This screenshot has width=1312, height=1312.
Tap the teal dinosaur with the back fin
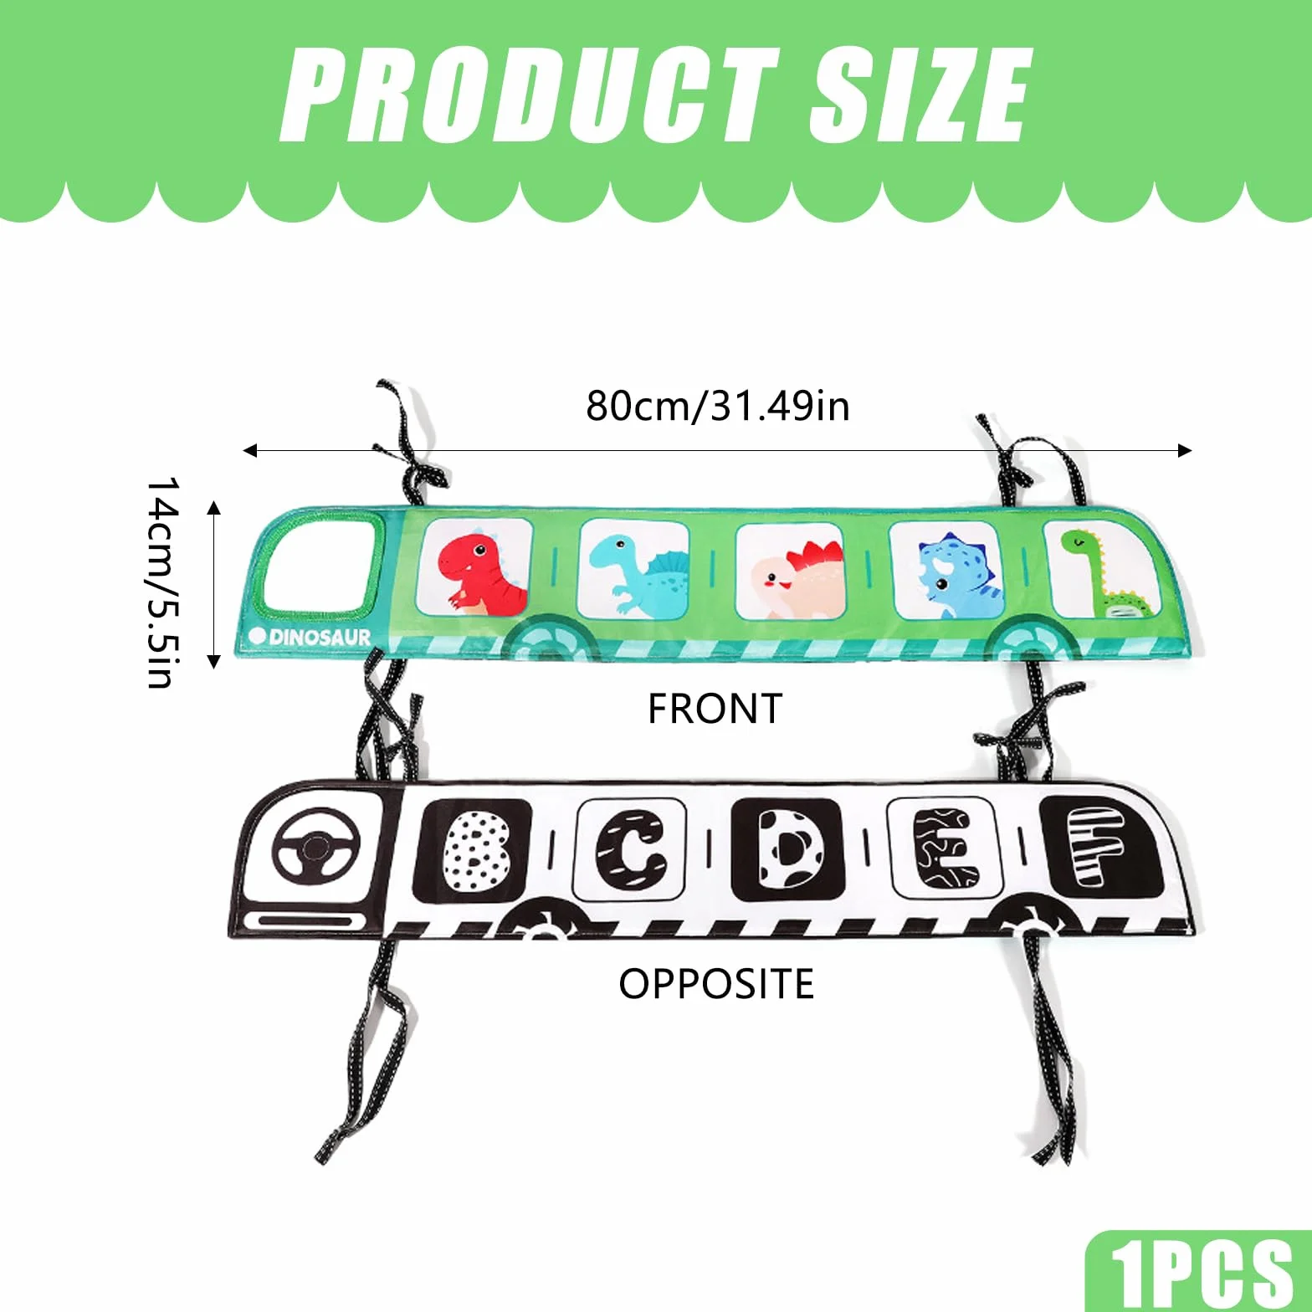tap(636, 570)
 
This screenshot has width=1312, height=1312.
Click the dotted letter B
tap(474, 851)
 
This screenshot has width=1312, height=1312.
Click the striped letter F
tap(1097, 845)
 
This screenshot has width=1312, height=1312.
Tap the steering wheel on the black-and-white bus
tap(317, 846)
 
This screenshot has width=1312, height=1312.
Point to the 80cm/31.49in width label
tap(717, 406)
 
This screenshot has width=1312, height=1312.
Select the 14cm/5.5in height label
tap(161, 582)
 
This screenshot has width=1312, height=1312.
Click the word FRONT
tap(715, 709)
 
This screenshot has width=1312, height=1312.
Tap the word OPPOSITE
tap(716, 983)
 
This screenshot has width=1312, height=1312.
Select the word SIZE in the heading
tap(920, 94)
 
